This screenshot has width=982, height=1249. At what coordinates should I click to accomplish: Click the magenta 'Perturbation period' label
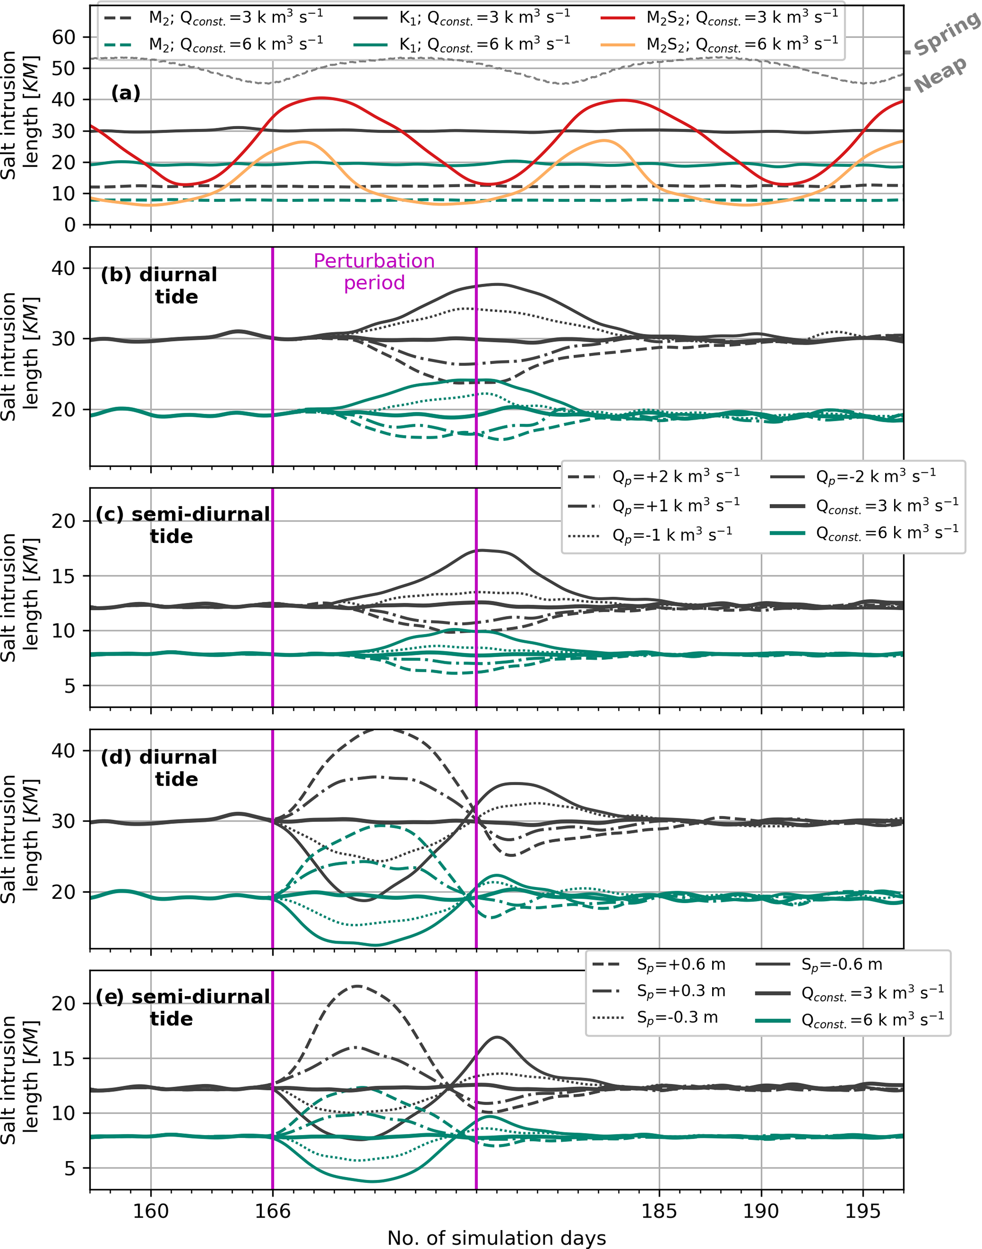tap(374, 271)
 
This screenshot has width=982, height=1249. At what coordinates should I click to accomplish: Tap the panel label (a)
tap(125, 93)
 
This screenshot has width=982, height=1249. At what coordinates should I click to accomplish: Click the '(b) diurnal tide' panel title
tap(159, 285)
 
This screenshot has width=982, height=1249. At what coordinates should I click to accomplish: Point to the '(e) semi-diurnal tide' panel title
tap(182, 1008)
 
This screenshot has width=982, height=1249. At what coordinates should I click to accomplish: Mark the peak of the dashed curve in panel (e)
tap(357, 986)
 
